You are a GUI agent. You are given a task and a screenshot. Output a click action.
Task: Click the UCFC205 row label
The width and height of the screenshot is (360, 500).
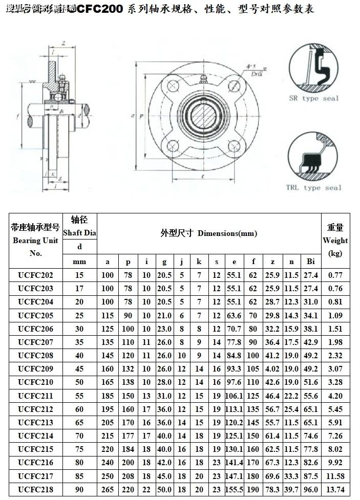[x=35, y=315]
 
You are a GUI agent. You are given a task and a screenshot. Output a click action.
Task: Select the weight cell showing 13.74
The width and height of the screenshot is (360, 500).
[x=335, y=489]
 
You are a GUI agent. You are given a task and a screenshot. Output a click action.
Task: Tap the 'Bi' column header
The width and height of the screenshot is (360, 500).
[x=310, y=262]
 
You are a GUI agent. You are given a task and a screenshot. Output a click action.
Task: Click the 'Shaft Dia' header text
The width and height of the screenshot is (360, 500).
[x=79, y=232]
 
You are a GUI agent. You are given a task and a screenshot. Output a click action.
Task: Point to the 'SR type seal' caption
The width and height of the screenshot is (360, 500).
[x=314, y=98]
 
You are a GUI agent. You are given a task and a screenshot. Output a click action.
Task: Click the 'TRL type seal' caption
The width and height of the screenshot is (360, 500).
[x=313, y=188]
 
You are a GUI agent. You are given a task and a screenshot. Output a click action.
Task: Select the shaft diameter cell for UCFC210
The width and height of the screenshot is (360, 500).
[x=79, y=382]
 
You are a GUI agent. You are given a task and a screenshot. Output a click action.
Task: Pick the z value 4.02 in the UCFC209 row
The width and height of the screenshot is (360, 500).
[x=272, y=369]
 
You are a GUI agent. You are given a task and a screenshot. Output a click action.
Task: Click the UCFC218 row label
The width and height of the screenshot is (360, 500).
[x=35, y=489]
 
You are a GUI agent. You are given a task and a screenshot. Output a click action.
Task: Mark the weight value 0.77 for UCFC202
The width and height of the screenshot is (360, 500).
[x=335, y=275]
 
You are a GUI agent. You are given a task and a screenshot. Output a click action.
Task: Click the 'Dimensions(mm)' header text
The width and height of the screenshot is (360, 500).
[x=227, y=233]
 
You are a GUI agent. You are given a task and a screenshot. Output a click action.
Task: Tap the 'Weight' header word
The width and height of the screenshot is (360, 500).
[x=335, y=241]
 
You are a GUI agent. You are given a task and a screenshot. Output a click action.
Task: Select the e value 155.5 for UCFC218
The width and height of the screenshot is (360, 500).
[x=234, y=489]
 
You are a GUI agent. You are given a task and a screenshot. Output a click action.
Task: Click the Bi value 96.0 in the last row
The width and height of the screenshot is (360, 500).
[x=310, y=489]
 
